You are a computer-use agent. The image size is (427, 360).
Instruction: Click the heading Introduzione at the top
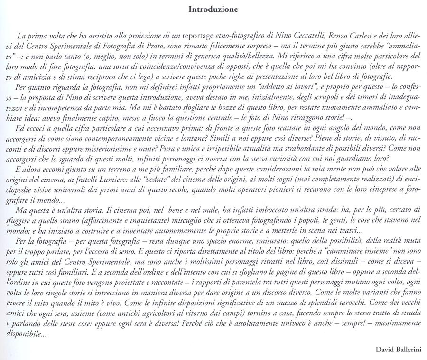click(213, 9)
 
